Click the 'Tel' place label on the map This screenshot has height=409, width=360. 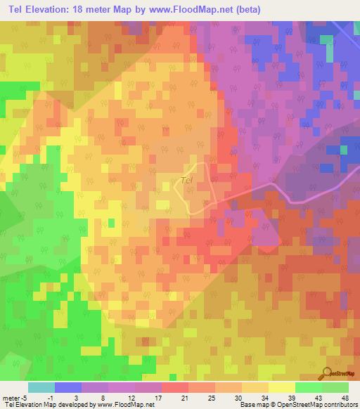click(186, 180)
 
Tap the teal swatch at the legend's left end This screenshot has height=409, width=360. click(41, 387)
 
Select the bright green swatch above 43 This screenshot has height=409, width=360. click(309, 387)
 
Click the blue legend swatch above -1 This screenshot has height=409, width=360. click(68, 387)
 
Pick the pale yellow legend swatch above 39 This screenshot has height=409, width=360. click(282, 387)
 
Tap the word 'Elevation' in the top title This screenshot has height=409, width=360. click(56, 9)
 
